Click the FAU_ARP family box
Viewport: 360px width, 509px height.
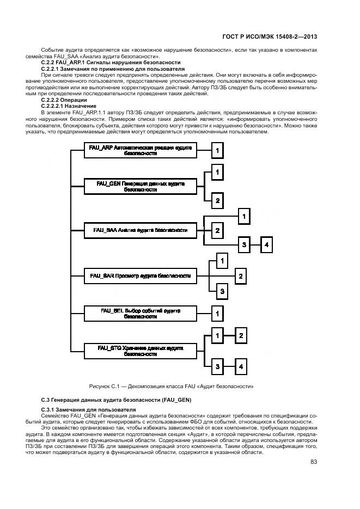pos(141,150)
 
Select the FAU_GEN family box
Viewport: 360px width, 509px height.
pos(141,187)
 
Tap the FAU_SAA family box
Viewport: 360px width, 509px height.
pos(141,230)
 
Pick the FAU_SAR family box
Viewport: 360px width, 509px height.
pos(141,276)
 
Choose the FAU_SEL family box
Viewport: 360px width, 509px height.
pos(141,313)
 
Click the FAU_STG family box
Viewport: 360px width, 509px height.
pos(141,350)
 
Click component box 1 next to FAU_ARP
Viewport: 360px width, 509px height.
pos(217,150)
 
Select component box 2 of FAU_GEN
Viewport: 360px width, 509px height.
pos(217,201)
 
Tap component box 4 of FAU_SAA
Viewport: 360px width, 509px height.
pos(266,246)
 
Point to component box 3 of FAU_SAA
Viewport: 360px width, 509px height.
pos(245,246)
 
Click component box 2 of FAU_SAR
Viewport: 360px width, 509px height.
pos(240,277)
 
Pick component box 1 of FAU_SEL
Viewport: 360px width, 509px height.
pos(217,314)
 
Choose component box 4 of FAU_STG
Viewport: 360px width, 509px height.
pos(240,366)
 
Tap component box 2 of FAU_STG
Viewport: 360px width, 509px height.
pos(240,335)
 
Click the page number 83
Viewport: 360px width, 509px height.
pos(314,447)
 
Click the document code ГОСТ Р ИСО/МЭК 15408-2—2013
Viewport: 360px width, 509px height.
pos(270,36)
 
